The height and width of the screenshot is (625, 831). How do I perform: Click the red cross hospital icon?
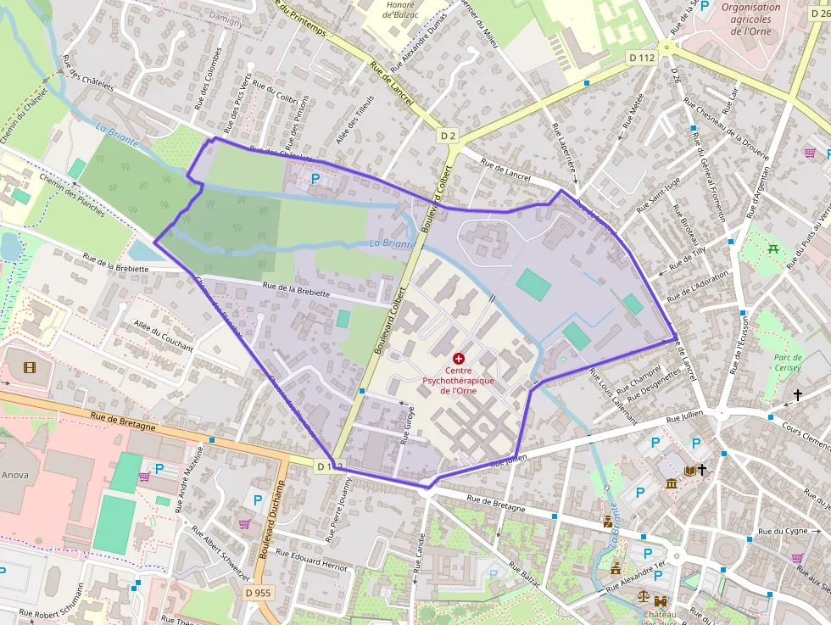coord(459,360)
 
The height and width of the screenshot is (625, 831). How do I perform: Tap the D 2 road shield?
coord(448,136)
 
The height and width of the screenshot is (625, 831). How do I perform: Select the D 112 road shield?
coord(642,58)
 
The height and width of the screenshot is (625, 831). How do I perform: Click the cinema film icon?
coord(31,367)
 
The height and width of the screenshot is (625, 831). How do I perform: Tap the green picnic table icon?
coord(772,248)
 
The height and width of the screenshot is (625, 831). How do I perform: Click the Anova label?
coord(14,475)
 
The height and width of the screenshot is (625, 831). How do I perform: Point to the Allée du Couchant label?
coord(164,337)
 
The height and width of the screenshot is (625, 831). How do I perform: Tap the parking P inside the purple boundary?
coord(316,179)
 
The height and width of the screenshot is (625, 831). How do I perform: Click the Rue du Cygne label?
coord(782,532)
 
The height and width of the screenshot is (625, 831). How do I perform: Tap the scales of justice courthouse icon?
coord(644,598)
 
